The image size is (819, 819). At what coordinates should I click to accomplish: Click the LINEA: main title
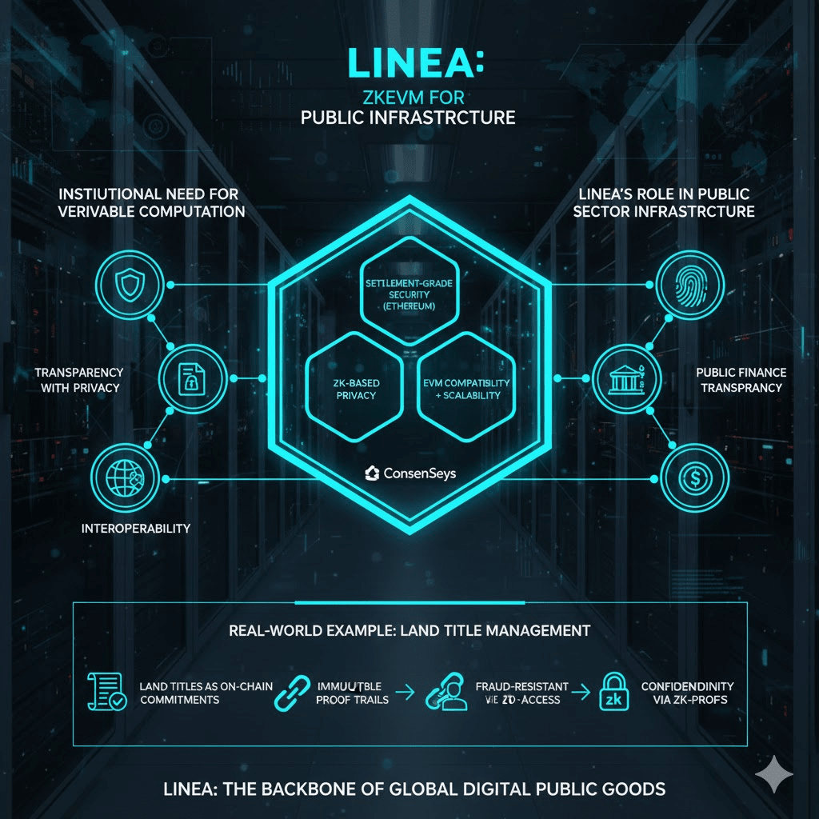pos(409,64)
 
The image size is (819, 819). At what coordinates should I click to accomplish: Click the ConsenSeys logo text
pos(409,473)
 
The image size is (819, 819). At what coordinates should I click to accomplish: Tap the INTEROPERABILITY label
pos(136,529)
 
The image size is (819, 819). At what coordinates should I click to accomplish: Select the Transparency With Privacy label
pos(78,381)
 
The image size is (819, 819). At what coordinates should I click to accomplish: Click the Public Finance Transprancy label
pos(741,380)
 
